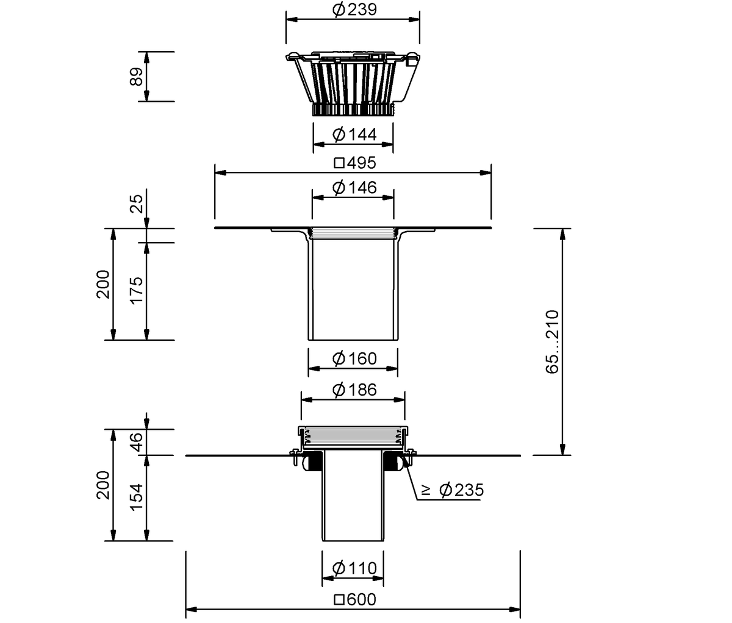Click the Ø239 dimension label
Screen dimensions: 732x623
(x=354, y=10)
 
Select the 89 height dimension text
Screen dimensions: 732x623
(x=137, y=76)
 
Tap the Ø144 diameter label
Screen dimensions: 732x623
(x=354, y=135)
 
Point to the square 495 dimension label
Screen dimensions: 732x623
(x=355, y=163)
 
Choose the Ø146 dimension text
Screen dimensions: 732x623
(x=354, y=188)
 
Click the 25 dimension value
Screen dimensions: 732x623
(x=137, y=204)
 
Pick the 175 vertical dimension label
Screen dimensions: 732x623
(x=137, y=291)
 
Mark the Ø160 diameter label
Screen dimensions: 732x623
(x=354, y=358)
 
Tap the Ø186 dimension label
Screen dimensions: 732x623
(x=354, y=390)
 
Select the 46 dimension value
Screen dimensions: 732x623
(x=137, y=442)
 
